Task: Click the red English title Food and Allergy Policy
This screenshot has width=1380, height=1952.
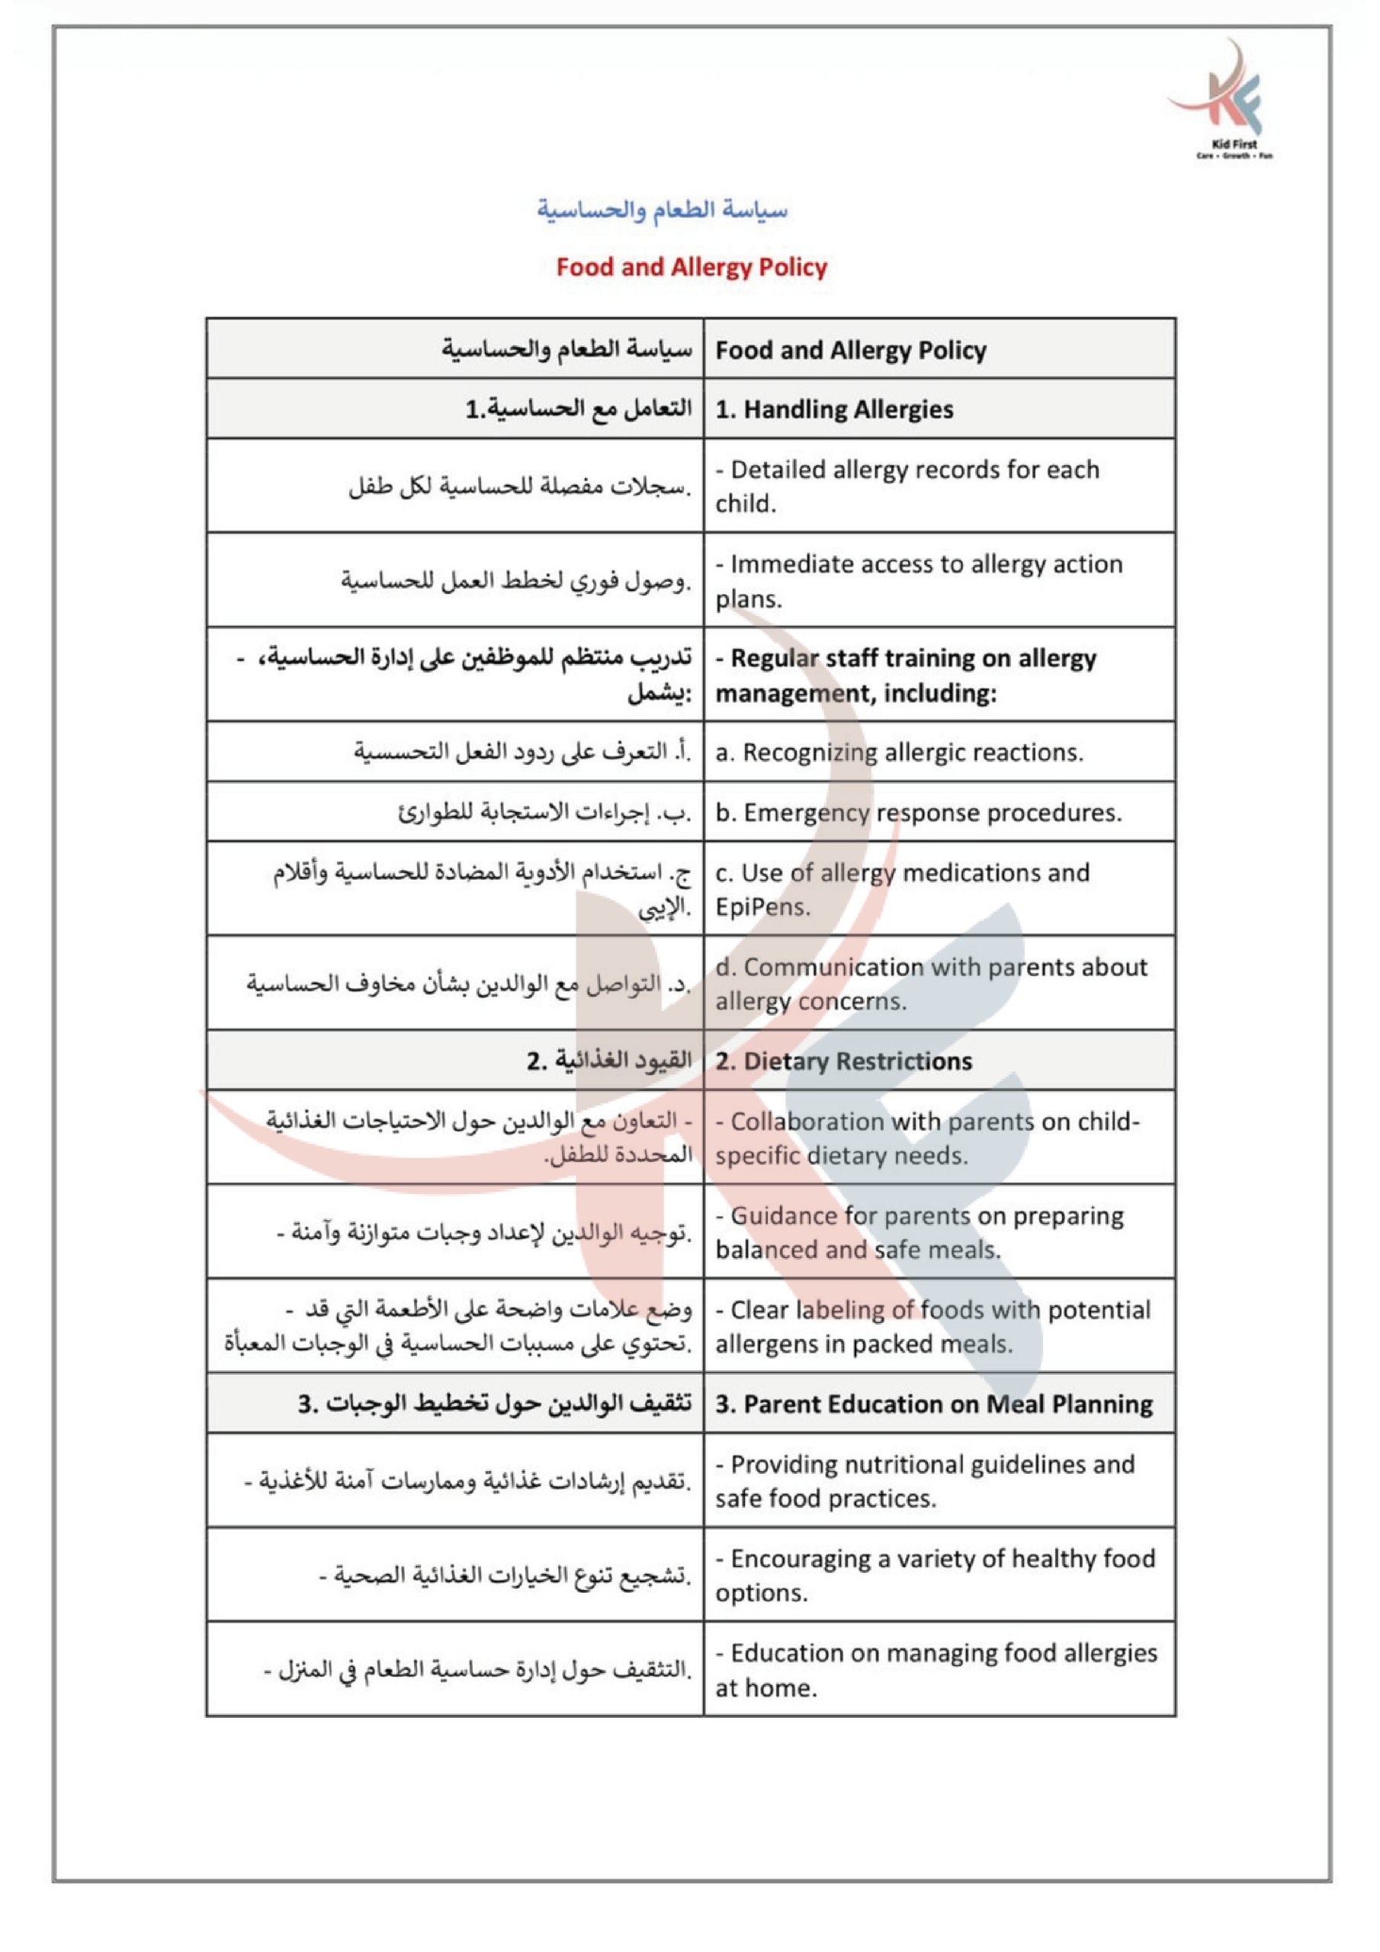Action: click(692, 267)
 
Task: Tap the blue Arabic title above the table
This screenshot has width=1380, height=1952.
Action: click(663, 209)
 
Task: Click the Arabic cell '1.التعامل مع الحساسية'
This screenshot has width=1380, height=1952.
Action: click(578, 409)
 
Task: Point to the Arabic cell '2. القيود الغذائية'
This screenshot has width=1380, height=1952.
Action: click(608, 1061)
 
